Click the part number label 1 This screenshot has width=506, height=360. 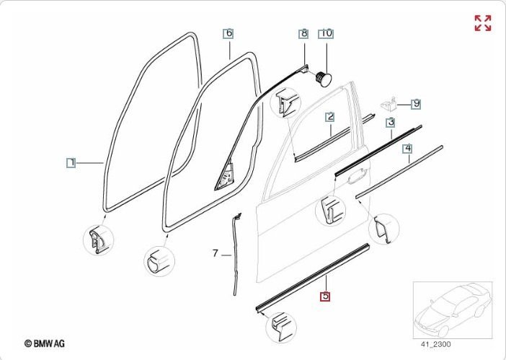point(71,162)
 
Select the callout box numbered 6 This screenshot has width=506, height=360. point(228,33)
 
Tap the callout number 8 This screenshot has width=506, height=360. point(304,34)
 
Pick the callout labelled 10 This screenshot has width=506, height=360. point(326,34)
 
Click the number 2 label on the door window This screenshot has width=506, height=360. point(329,116)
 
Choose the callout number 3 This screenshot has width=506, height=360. point(390,122)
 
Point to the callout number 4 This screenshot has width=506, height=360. point(407,149)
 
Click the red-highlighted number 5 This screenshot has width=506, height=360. point(325,296)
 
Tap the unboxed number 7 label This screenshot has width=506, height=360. point(215,253)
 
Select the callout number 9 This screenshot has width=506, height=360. point(416,104)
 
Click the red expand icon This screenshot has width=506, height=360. point(482,22)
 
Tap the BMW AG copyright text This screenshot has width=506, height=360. point(44,344)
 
